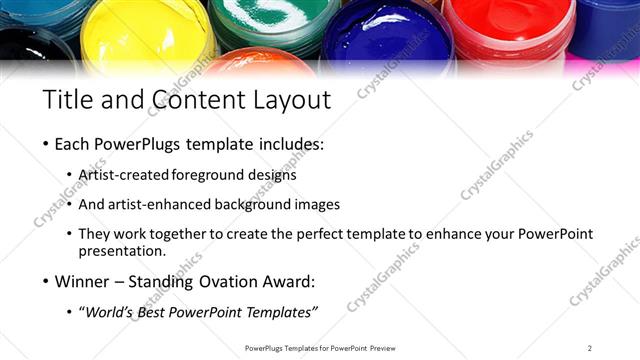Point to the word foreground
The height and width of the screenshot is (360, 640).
[x=210, y=175]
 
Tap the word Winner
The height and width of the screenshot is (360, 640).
[x=86, y=281]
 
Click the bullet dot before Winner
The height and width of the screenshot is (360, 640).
[x=45, y=282]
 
